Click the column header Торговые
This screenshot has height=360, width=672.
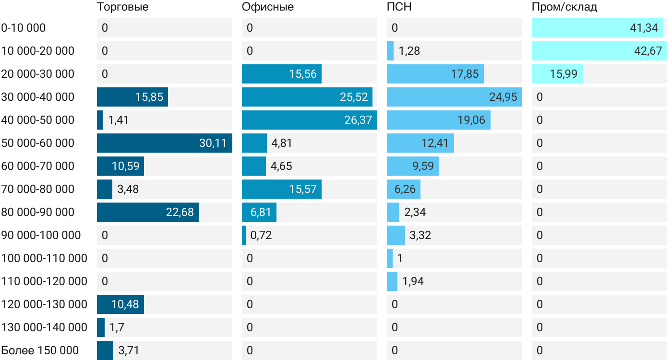[x=122, y=7]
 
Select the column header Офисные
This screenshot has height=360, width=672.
[x=267, y=7]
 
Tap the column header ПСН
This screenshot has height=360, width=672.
[x=399, y=7]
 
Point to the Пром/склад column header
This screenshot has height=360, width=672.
[x=564, y=7]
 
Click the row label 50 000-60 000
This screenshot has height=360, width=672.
[x=38, y=143]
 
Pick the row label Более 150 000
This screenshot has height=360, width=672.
[x=40, y=350]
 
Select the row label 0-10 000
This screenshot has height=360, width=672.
[x=24, y=28]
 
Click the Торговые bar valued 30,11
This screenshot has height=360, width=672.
[x=164, y=143]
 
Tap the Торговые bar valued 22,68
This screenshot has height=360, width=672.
[x=147, y=212]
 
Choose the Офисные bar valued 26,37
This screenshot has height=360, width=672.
[x=309, y=120]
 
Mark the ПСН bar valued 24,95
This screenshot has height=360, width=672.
[x=454, y=97]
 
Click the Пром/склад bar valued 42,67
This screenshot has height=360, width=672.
[x=599, y=51]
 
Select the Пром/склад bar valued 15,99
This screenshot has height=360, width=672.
[x=557, y=74]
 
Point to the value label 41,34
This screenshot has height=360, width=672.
[x=644, y=28]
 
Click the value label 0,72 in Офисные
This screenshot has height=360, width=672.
[x=261, y=235]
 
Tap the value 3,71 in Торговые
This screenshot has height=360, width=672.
[x=128, y=350]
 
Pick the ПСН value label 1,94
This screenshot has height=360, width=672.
[x=413, y=281]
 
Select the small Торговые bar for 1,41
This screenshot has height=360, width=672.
[x=100, y=120]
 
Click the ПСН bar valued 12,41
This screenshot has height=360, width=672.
[x=420, y=143]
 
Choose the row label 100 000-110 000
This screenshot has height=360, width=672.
[x=44, y=258]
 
